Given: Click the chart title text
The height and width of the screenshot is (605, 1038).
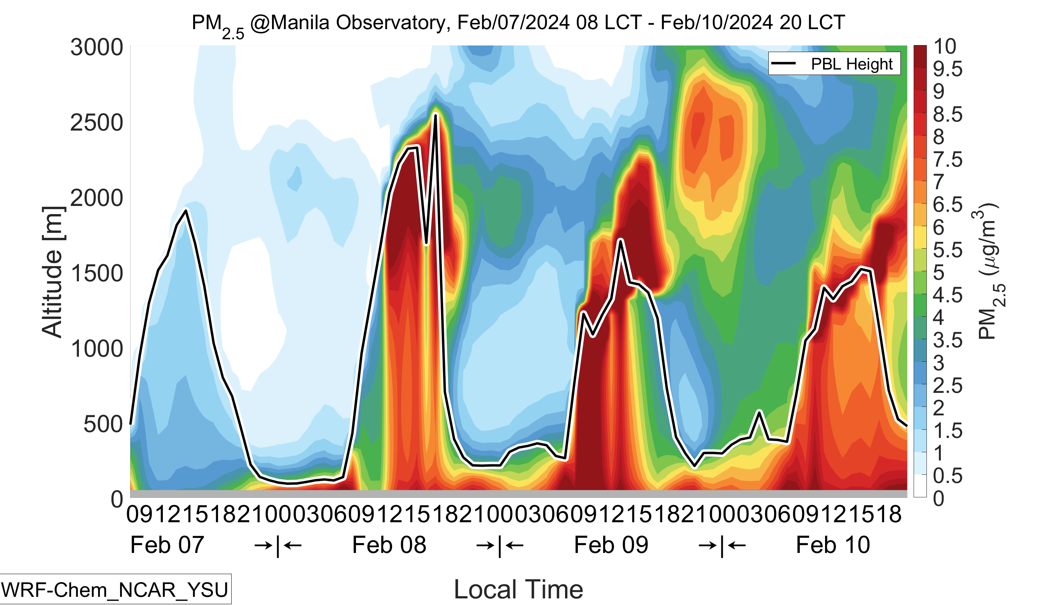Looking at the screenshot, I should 518,23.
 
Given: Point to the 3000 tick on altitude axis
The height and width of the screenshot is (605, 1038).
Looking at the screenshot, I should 97,47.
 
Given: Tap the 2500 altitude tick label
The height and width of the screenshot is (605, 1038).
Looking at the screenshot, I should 97,123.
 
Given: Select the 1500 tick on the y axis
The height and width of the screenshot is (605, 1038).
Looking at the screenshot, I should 97,274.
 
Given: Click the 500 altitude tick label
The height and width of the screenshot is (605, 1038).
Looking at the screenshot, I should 103,424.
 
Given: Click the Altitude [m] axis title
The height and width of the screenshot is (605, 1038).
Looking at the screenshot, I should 52,272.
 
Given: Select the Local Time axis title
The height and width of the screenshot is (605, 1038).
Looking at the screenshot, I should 518,589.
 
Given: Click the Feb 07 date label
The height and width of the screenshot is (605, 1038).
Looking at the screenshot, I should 167,545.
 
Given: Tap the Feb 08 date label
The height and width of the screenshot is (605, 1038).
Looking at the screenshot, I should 389,545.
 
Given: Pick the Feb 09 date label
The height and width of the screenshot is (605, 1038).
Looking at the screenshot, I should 611,545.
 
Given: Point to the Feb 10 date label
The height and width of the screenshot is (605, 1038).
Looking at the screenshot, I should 833,545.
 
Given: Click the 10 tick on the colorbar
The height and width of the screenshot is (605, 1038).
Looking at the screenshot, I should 944,47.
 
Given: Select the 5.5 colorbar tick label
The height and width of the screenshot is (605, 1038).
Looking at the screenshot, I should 947,250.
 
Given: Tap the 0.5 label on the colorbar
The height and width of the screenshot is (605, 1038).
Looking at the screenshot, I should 947,476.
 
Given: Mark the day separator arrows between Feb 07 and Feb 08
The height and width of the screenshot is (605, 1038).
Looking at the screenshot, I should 278,546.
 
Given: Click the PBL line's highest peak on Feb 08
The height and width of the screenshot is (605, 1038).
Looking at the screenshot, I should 435,115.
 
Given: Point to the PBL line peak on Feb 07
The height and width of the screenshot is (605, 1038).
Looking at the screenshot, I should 186,211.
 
